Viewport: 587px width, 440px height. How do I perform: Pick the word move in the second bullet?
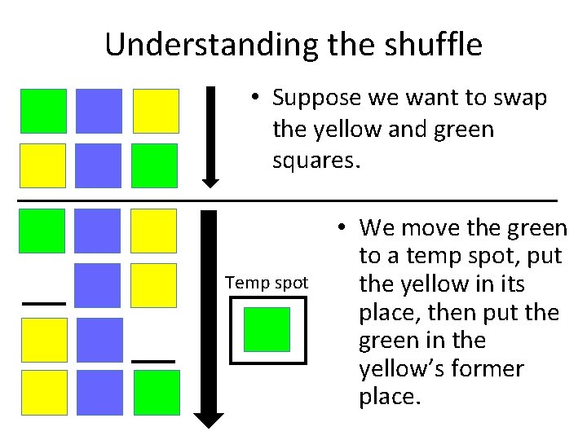coord(435,227)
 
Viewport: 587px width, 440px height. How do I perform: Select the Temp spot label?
coord(267,283)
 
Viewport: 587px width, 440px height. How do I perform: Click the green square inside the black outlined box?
coord(267,329)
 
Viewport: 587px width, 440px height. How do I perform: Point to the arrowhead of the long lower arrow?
coord(211,420)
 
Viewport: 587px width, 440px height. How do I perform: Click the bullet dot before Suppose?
coord(255,99)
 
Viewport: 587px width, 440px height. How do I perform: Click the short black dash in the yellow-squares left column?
coord(43,302)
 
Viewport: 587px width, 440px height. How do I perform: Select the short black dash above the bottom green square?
coord(153,360)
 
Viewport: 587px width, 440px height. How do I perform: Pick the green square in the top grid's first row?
coord(43,111)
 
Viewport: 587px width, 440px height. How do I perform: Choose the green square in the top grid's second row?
coord(154,165)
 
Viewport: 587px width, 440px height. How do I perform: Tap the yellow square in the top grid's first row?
coord(154,111)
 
